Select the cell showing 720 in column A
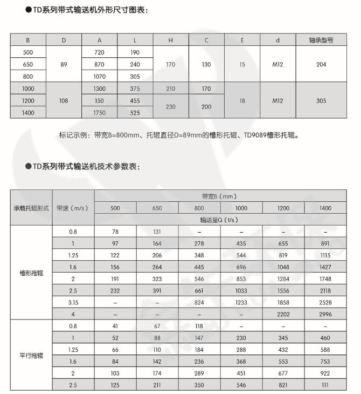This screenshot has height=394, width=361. coord(99,52)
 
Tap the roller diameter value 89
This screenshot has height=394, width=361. coord(64,64)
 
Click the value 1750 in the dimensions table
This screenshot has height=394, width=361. coord(99,113)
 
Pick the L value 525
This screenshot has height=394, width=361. coord(135,113)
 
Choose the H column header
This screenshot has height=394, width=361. coord(170,40)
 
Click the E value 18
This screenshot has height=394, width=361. coord(242,100)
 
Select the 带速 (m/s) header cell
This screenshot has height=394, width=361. coord(73,208)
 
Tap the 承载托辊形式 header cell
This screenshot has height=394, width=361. coord(31,208)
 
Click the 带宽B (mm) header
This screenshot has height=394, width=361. coord(220,196)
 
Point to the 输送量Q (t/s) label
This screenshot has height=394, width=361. coord(220,220)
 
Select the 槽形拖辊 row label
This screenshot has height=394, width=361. coord(31,273)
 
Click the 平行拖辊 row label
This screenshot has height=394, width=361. coord(31,356)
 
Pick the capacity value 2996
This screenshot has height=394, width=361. coord(325,314)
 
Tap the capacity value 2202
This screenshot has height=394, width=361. coord(283,314)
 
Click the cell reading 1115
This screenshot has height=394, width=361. coord(325,255)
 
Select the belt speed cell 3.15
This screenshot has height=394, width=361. coord(73,302)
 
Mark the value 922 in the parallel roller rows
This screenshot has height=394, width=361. coord(325,373)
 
